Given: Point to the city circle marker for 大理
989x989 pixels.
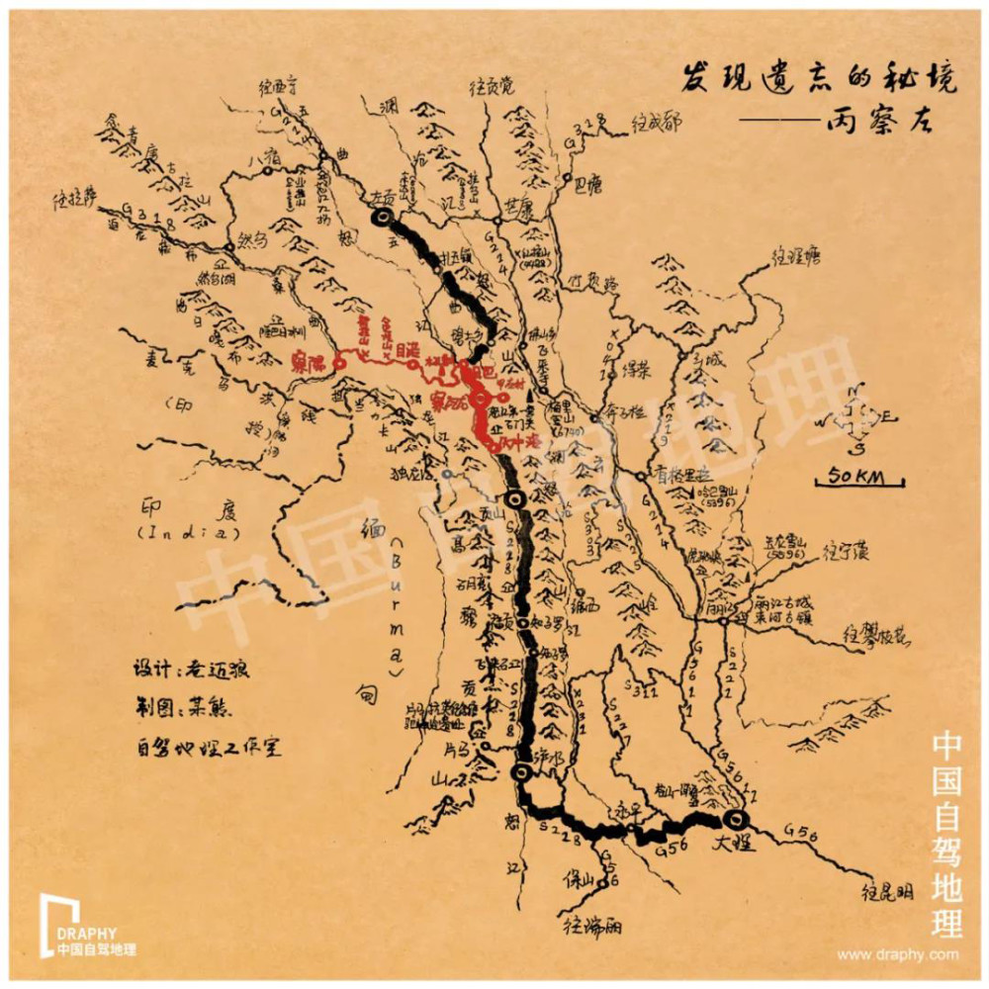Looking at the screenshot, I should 736,820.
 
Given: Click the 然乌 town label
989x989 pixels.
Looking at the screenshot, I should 253,238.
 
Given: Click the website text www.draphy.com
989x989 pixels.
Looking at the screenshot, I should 897,954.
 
